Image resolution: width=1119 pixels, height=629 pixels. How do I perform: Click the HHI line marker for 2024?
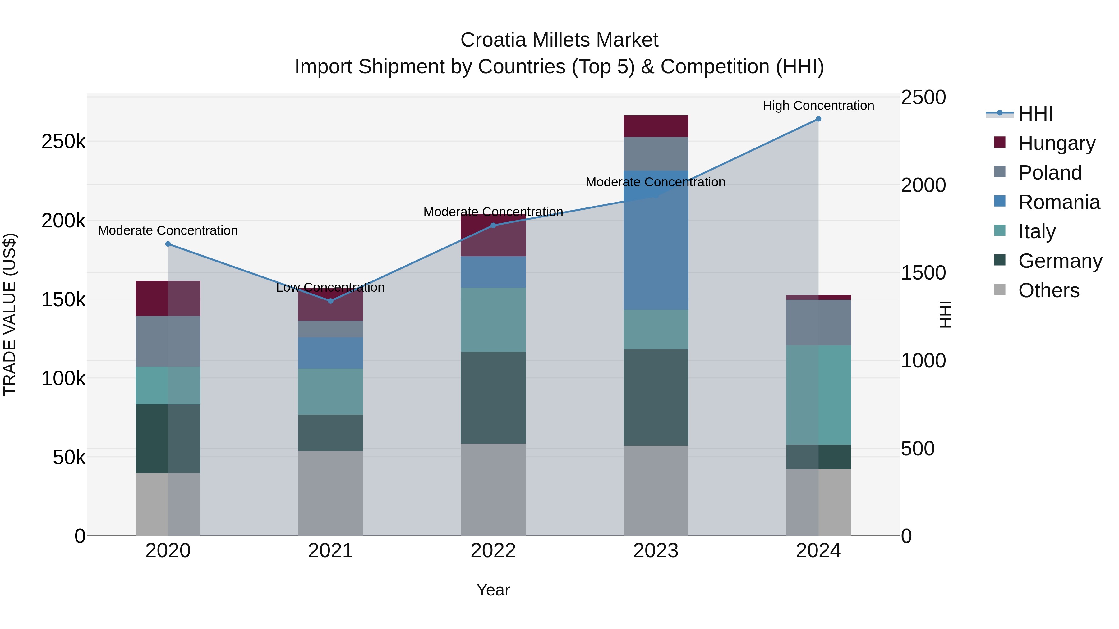tap(818, 119)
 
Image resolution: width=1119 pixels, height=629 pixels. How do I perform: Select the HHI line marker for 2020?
tap(168, 244)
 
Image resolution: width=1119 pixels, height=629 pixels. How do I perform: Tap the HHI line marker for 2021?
tap(331, 301)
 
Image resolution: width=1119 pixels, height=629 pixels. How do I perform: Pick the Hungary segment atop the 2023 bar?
tap(656, 126)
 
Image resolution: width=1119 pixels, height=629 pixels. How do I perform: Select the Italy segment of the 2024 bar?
tap(818, 395)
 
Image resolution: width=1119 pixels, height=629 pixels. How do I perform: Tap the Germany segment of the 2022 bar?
tap(493, 398)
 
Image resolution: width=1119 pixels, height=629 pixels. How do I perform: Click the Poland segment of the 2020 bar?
tap(168, 341)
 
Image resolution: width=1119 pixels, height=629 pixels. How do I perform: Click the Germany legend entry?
tap(1060, 261)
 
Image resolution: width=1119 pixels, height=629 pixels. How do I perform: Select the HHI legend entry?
tap(1035, 114)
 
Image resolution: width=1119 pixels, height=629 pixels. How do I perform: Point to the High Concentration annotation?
tap(818, 106)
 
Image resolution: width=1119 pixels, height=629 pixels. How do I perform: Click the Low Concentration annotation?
tap(331, 287)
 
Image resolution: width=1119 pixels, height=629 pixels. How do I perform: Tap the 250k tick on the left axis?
tap(63, 142)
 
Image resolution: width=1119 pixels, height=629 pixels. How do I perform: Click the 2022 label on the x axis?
tap(493, 551)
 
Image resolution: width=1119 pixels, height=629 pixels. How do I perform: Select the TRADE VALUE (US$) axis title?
tap(10, 314)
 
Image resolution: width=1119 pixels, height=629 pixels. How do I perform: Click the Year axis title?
tap(493, 590)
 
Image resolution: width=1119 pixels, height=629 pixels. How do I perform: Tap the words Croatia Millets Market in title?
tap(559, 40)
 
